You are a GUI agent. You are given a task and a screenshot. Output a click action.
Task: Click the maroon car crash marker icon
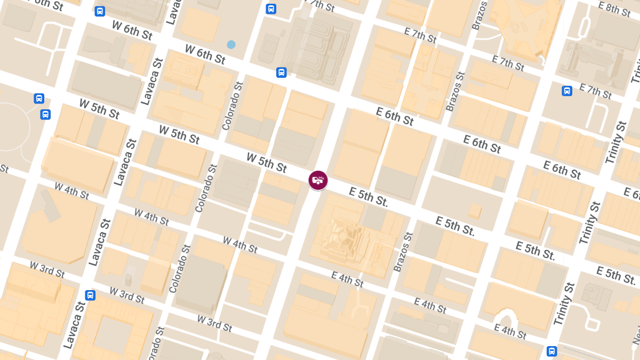pos(318,180)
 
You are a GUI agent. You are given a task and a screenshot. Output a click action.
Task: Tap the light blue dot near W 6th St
pos(231,45)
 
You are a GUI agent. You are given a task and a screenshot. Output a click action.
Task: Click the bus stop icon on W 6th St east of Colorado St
pos(281,73)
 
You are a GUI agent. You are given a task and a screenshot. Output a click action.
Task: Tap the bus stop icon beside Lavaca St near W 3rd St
pos(90,295)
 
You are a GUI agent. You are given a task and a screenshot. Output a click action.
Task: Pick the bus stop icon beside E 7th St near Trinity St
pos(567,91)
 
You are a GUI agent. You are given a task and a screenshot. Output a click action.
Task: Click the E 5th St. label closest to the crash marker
pos(369,197)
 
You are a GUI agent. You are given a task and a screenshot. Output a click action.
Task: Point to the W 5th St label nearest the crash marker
pos(267,162)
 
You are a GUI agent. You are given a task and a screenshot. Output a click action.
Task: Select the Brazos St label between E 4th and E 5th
pos(403,252)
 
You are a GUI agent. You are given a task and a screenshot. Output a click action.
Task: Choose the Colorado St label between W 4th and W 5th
pos(206,188)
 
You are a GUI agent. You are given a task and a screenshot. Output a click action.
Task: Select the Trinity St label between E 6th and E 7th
pos(615,143)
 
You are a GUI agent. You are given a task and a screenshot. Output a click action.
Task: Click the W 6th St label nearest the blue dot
pos(205,54)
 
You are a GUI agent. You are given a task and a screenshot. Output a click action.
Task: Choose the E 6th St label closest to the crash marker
pos(395,116)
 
